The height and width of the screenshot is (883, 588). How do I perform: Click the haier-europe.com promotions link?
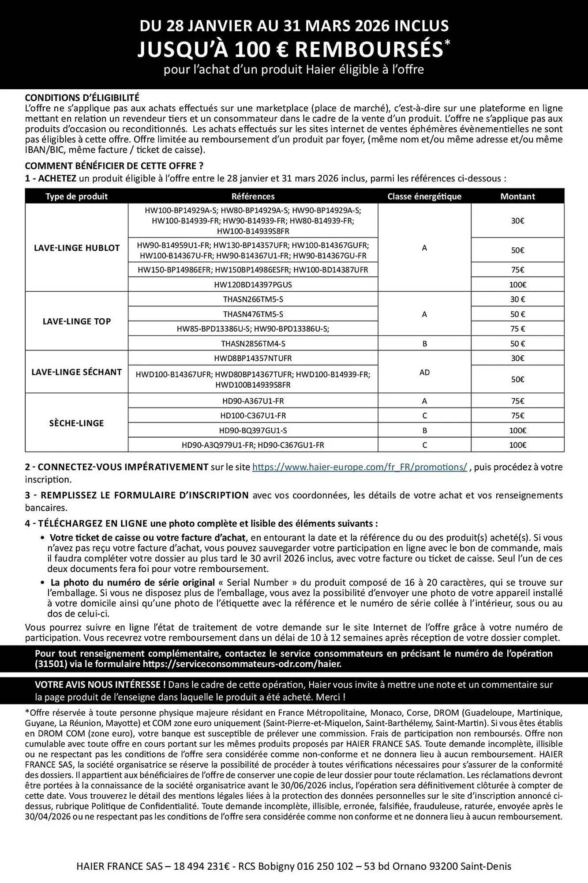coord(360,467)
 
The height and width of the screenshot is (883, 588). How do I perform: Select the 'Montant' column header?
coord(517,196)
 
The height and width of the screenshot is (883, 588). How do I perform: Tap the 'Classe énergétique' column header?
coord(424,196)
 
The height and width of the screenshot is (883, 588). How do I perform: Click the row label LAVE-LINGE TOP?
coord(77,321)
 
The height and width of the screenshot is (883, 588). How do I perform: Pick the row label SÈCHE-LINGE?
coord(77,423)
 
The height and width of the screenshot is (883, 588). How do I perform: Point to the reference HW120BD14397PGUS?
coord(253,285)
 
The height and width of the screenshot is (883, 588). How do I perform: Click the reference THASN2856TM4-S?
coord(253,343)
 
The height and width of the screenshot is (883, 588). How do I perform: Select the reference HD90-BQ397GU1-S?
coord(253,430)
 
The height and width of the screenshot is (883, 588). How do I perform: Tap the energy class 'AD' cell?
coord(424,372)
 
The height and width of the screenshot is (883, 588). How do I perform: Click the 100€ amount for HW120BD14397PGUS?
coord(517,285)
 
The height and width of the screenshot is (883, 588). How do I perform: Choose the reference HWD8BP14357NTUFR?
coord(253,358)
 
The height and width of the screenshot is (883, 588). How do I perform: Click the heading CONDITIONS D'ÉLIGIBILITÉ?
coord(82,98)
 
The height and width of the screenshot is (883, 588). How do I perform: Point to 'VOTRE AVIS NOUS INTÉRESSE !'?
coord(101,685)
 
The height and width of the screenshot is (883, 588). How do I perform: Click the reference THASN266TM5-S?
coord(253,299)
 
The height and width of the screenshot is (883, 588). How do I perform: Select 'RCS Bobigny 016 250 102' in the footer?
coord(293,866)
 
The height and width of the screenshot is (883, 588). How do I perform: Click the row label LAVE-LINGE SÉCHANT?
coord(77,372)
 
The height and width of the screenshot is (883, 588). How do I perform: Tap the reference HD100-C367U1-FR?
coord(253,415)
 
